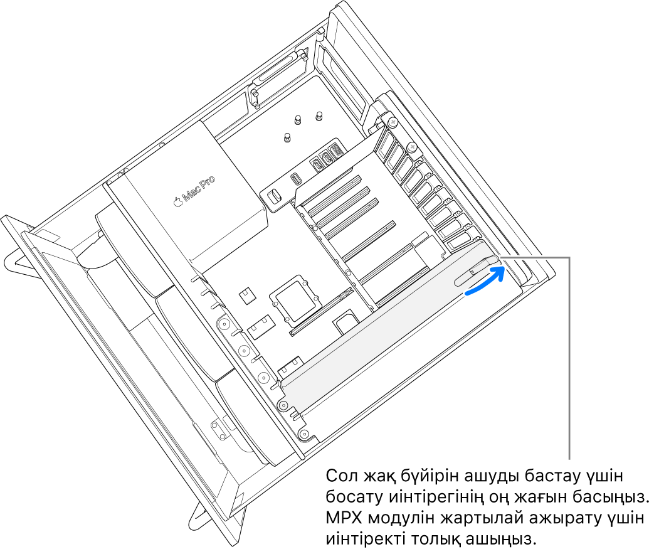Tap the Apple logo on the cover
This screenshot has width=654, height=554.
coord(177,201)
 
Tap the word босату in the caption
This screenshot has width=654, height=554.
coord(349,498)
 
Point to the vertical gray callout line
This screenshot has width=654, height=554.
coord(570,358)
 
